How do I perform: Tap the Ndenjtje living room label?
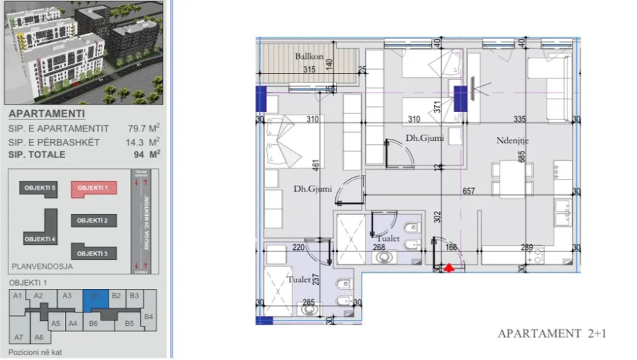pyautogui.click(x=514, y=141)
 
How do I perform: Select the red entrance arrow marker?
pyautogui.click(x=450, y=267)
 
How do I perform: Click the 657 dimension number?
pyautogui.click(x=468, y=192)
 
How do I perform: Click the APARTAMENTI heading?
pyautogui.click(x=38, y=114)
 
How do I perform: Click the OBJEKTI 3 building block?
pyautogui.click(x=92, y=253)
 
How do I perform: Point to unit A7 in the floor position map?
pyautogui.click(x=19, y=337)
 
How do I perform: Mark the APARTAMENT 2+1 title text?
pyautogui.click(x=551, y=333)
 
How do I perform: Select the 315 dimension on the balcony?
pyautogui.click(x=309, y=70)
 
